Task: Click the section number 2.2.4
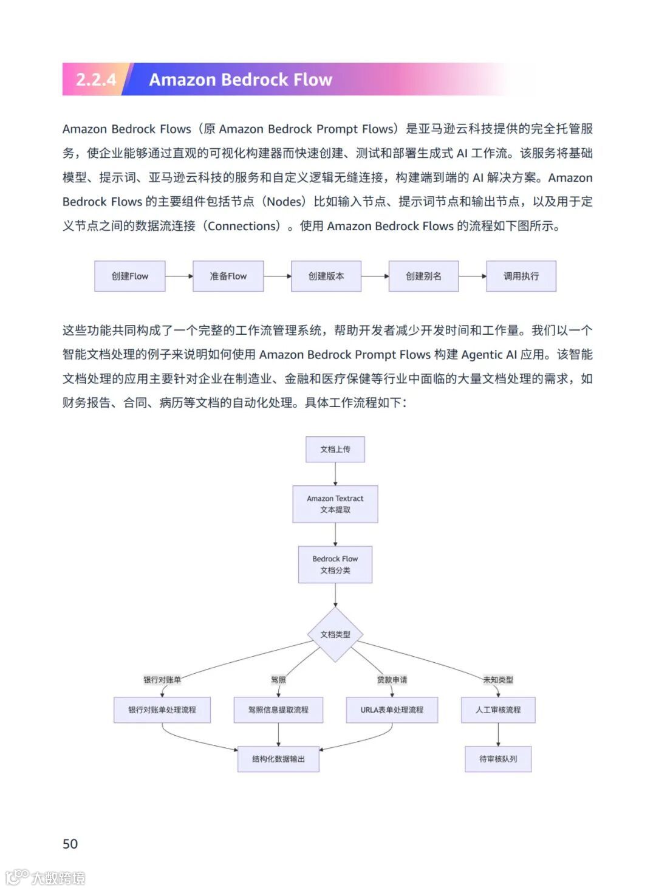[96, 80]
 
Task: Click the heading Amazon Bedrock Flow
[241, 80]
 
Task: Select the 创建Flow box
[129, 276]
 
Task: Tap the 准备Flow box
[228, 276]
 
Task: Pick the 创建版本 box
[326, 276]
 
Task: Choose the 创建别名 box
[423, 276]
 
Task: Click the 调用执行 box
[521, 276]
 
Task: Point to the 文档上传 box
[335, 450]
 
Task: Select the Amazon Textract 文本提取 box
[335, 504]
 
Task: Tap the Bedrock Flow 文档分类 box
[335, 564]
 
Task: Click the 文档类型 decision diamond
[335, 634]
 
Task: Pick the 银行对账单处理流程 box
[162, 710]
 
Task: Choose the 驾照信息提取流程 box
[278, 710]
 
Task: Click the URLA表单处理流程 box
[392, 710]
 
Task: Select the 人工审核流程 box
[498, 710]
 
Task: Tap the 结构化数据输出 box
[278, 759]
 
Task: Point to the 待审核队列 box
[498, 759]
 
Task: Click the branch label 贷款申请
[392, 680]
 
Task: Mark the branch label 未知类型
[498, 680]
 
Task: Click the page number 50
[70, 844]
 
